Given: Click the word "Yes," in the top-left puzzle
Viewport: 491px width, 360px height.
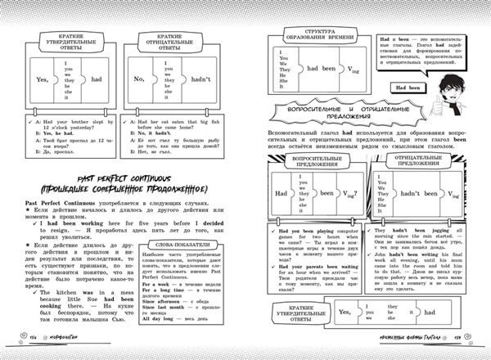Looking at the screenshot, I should point(38,78).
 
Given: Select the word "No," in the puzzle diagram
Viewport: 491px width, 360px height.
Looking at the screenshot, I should point(139,78).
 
